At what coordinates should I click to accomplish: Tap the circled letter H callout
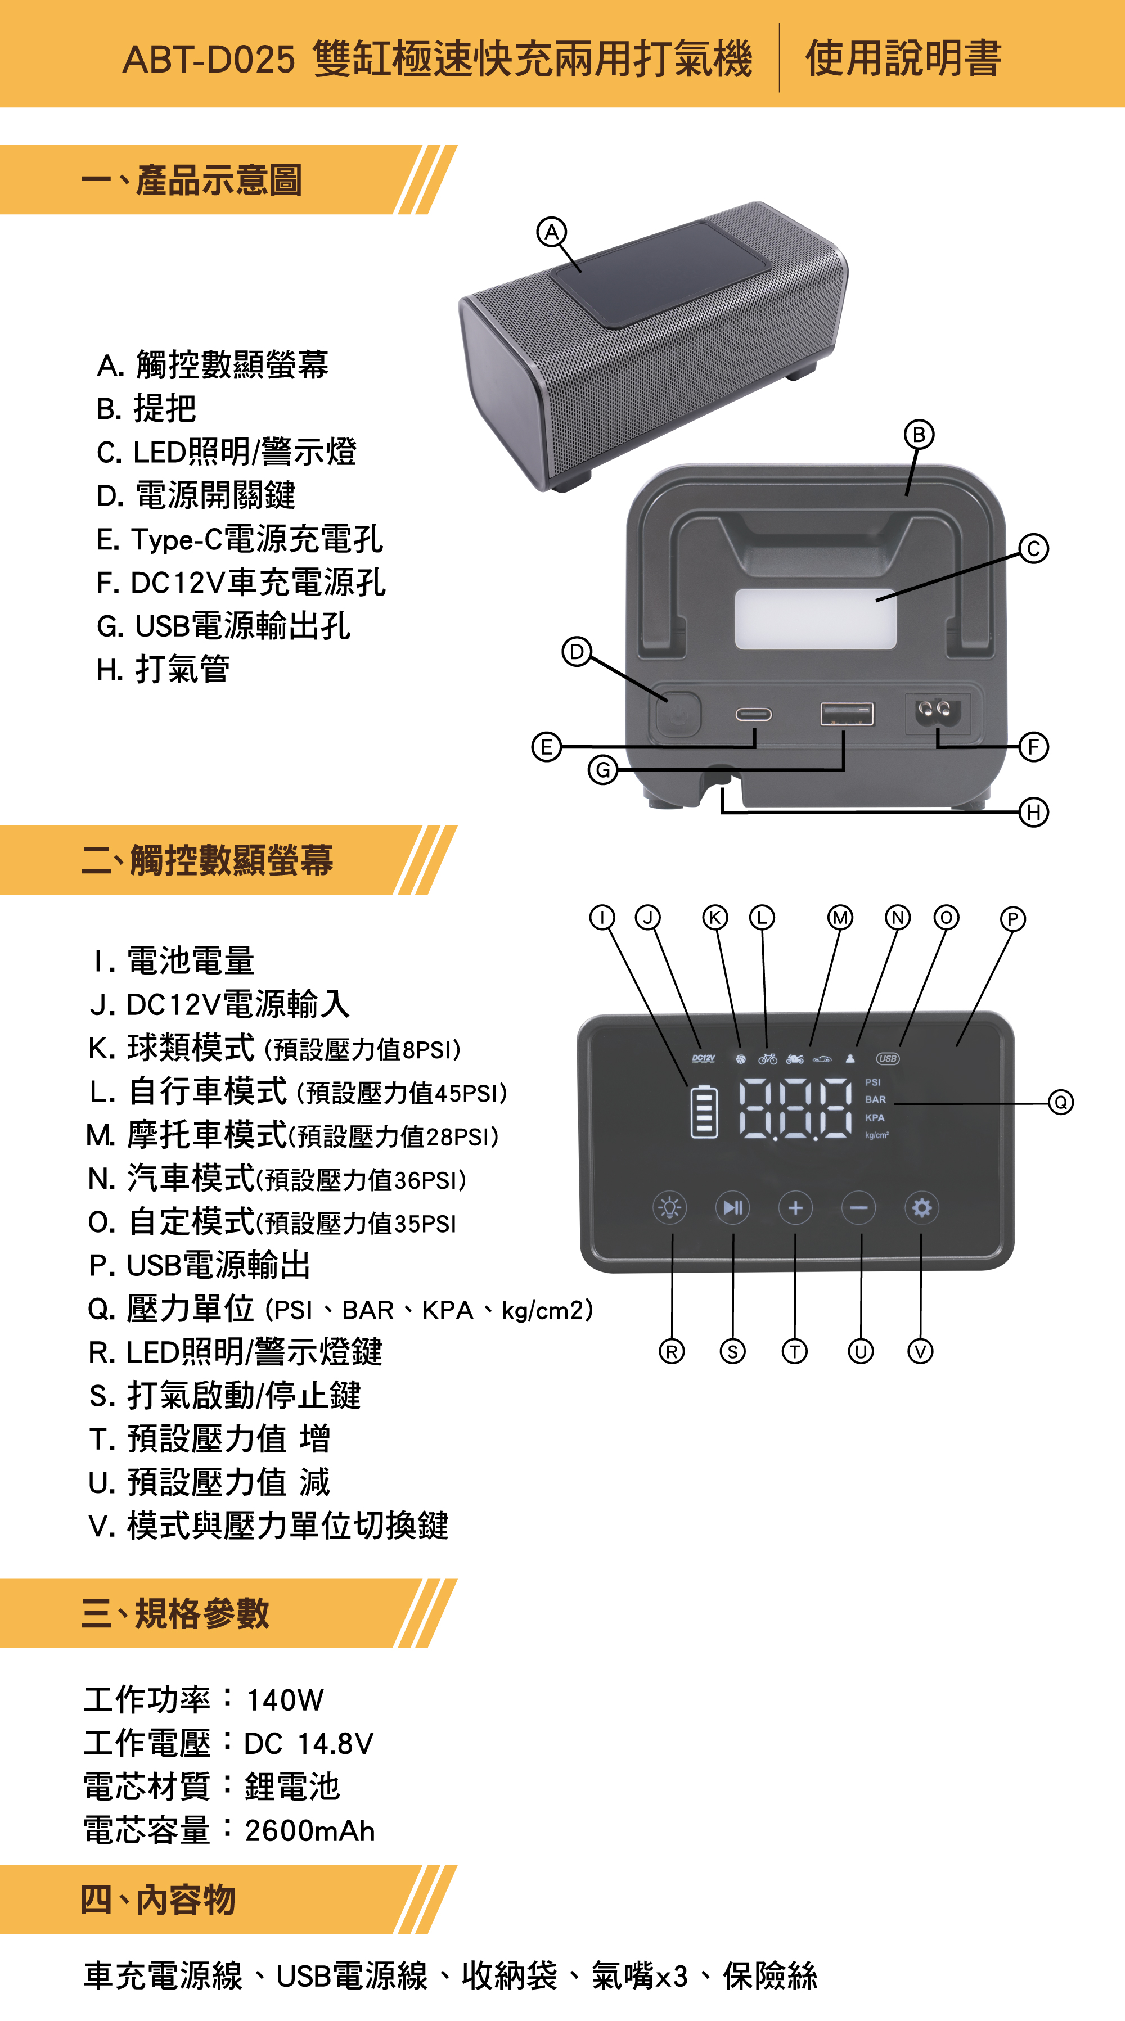click(1033, 811)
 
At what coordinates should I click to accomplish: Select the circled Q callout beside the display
click(1061, 1102)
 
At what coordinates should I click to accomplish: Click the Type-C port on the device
click(753, 715)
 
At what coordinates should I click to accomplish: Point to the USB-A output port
click(847, 714)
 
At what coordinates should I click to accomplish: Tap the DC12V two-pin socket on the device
click(938, 713)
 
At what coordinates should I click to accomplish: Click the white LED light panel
click(814, 619)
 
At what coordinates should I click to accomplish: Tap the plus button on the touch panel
click(795, 1207)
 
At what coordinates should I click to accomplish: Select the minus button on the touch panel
click(858, 1207)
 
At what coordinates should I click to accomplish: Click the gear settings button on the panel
click(922, 1207)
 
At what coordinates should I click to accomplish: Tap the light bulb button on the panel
click(670, 1207)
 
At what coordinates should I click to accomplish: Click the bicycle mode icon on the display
click(767, 1059)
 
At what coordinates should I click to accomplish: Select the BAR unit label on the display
click(875, 1100)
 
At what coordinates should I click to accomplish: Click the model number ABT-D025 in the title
click(209, 60)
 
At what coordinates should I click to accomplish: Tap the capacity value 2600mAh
click(310, 1831)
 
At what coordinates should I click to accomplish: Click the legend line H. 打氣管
click(163, 670)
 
